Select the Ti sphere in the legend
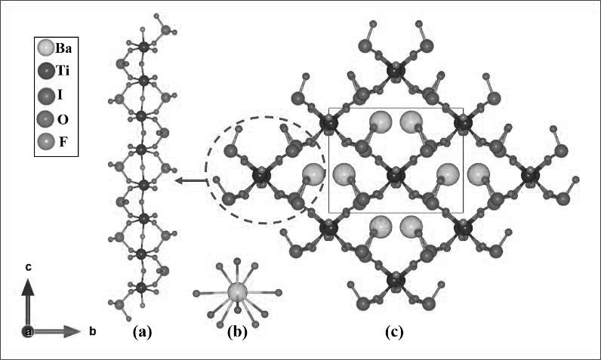coord(45,72)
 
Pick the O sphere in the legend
coord(45,118)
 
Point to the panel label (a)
coord(142,330)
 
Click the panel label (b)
coord(239,330)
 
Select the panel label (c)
coord(393,330)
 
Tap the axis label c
coord(27,266)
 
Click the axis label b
coord(92,331)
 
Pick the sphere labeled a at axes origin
coord(28,331)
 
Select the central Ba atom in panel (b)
coord(239,293)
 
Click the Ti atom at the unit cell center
coord(394,177)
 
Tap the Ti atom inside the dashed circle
coord(261,177)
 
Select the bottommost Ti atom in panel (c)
coord(394,281)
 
